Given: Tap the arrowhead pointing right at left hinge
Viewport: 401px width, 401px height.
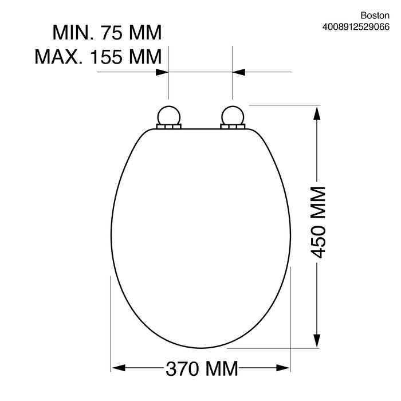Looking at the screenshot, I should tap(162, 72).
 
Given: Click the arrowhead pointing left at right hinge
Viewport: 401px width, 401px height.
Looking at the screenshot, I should tap(239, 72).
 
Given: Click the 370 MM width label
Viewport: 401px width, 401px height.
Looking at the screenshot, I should tap(202, 368).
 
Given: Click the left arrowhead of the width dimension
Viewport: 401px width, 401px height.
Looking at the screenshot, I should tap(117, 368).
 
